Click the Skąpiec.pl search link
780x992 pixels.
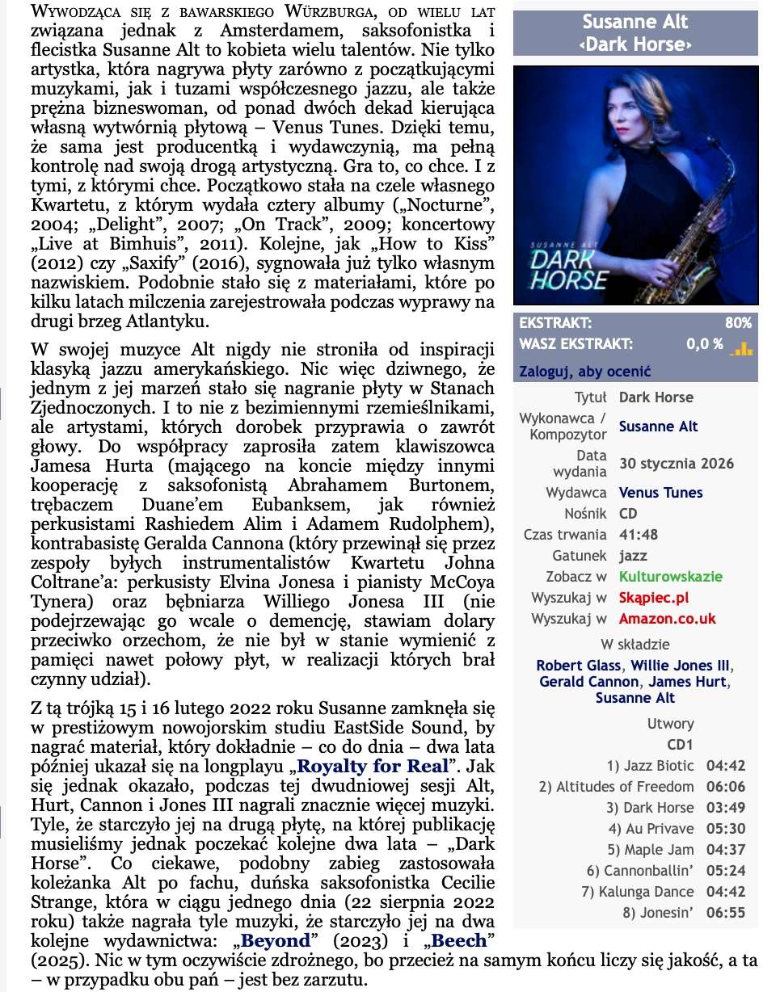654,598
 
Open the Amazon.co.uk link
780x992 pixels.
667,619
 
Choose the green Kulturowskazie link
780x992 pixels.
670,577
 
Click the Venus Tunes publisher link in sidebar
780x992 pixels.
660,492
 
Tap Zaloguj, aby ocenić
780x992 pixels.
584,372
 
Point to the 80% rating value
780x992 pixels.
738,323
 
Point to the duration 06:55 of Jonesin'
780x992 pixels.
726,913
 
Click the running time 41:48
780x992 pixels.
639,535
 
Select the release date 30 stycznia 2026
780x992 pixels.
676,463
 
